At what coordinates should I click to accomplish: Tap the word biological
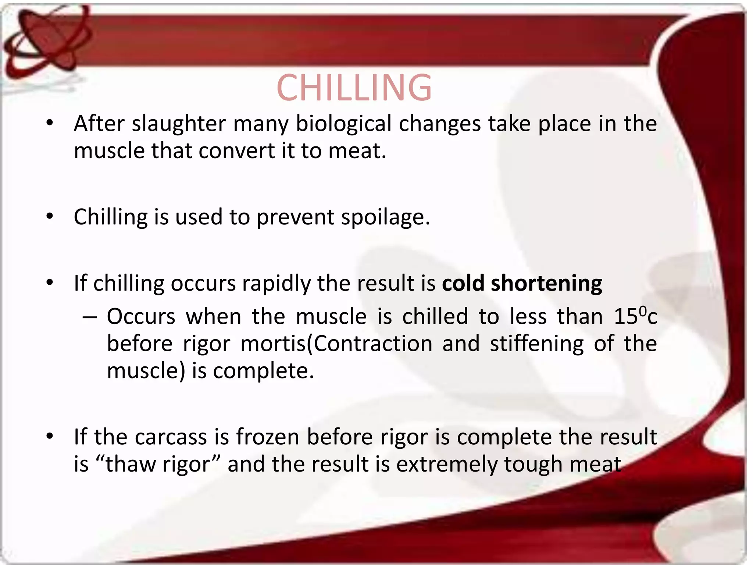point(343,124)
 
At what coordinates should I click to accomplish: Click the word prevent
point(295,217)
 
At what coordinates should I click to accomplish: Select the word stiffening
point(536,344)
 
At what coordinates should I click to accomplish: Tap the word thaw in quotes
point(131,465)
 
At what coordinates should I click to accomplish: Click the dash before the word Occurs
point(90,317)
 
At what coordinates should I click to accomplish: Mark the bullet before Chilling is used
point(50,217)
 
